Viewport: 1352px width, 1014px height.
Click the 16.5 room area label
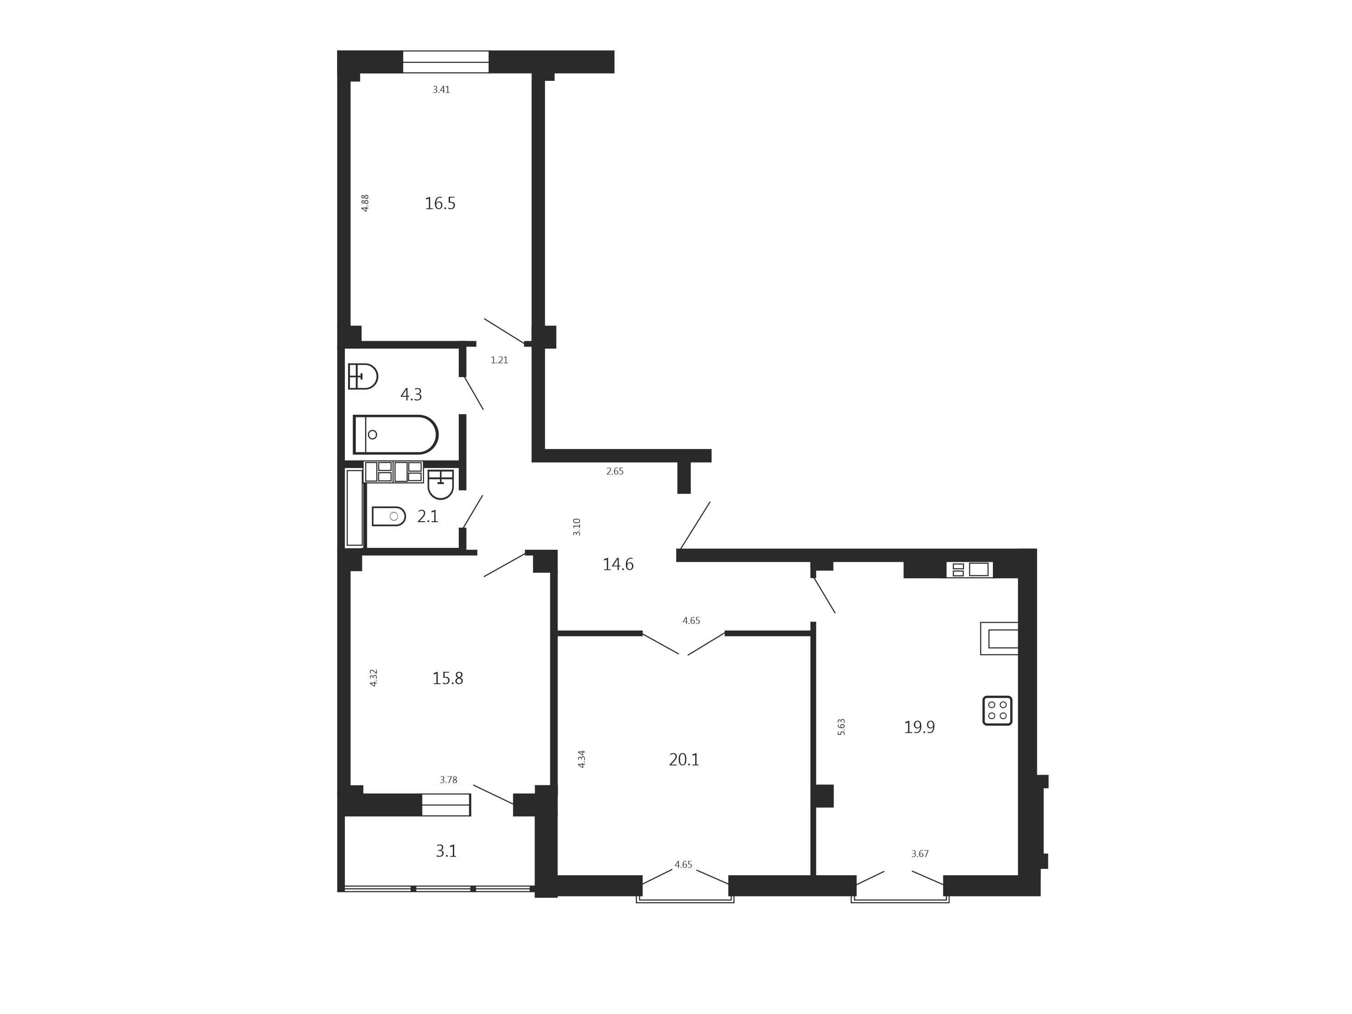point(440,203)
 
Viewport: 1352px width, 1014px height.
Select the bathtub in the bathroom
point(395,434)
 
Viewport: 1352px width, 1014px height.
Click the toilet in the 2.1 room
point(389,517)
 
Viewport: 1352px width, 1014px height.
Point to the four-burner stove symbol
point(997,711)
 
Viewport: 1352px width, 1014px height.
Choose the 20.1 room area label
point(684,760)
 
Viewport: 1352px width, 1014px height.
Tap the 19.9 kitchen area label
point(919,727)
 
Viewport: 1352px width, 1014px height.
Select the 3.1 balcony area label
point(446,851)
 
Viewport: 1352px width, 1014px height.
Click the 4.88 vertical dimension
point(365,203)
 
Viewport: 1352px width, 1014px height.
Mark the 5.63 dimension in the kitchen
point(841,727)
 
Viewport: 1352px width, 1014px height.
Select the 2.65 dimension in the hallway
point(615,471)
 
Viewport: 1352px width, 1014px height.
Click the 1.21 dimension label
point(499,360)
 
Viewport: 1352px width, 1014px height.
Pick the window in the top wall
point(445,62)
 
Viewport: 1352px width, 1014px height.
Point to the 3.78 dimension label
point(449,780)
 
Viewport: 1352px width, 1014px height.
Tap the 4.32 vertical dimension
point(373,678)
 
